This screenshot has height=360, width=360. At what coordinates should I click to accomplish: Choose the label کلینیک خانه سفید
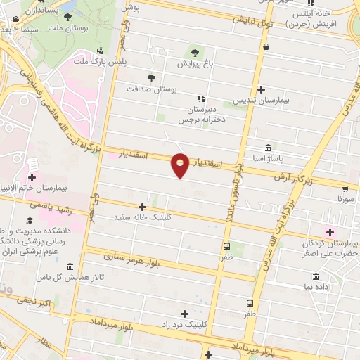click(147, 219)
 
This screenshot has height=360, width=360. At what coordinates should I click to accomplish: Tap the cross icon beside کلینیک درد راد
click(184, 314)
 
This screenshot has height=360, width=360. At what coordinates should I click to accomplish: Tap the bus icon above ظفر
click(226, 246)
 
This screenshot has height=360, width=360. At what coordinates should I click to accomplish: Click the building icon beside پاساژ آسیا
click(269, 148)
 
